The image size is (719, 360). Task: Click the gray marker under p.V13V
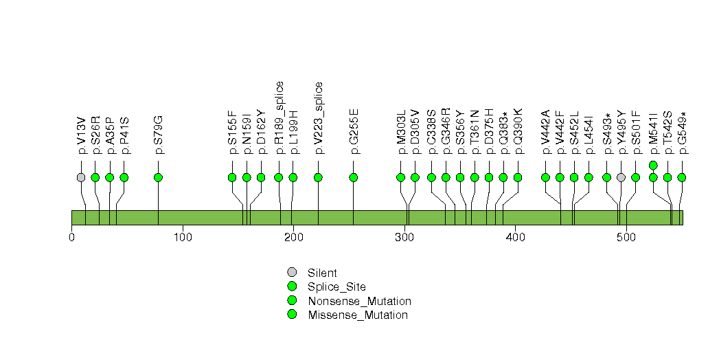point(81,177)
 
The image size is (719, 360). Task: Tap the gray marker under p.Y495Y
point(621,177)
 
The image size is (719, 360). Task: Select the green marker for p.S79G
point(158,177)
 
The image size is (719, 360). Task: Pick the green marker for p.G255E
point(353,177)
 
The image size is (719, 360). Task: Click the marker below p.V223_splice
point(318,177)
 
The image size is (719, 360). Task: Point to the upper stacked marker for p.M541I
point(654,165)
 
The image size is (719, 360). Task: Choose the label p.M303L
point(401,132)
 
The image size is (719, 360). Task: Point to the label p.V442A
point(546,132)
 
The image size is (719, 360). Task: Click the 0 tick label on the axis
point(71,238)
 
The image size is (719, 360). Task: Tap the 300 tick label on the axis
point(405,238)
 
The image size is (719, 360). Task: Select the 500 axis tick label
point(626,238)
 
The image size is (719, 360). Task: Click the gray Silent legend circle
point(292,273)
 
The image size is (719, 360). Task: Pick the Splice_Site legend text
point(337,287)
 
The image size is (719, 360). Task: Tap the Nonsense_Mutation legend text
point(360,302)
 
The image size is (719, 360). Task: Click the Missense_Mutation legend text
point(358,315)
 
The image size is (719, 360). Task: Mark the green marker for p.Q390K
point(518,177)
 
